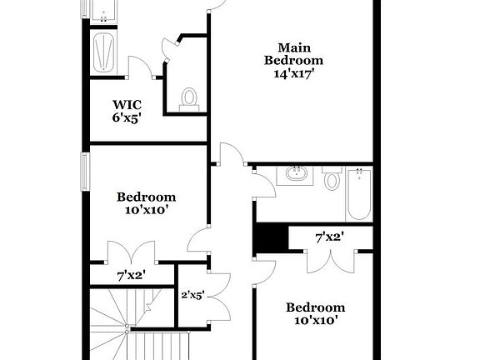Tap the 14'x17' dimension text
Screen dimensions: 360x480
coord(293,73)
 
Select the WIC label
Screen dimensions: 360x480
coord(127,104)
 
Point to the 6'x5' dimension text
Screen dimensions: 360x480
coord(127,117)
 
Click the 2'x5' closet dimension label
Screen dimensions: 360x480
coord(192,294)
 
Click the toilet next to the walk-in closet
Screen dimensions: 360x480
coord(188,99)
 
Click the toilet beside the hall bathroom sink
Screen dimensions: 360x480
coord(332,179)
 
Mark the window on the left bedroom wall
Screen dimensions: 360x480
coord(84,172)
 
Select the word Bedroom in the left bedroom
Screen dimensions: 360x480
coord(146,197)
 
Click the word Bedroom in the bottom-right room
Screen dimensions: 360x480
coord(314,307)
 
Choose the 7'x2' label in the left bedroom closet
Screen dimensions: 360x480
coord(132,274)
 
